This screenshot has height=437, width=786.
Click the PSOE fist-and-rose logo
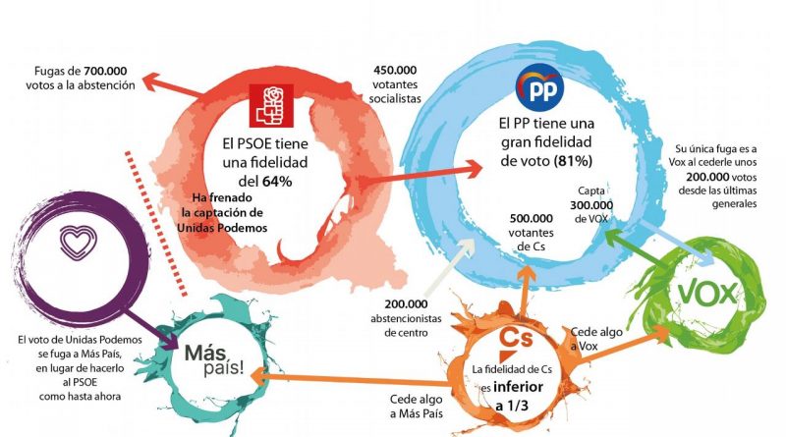[272, 107]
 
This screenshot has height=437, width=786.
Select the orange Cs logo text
[517, 336]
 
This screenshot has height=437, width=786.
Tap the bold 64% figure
[278, 182]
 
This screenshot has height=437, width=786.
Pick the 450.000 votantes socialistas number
[397, 70]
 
